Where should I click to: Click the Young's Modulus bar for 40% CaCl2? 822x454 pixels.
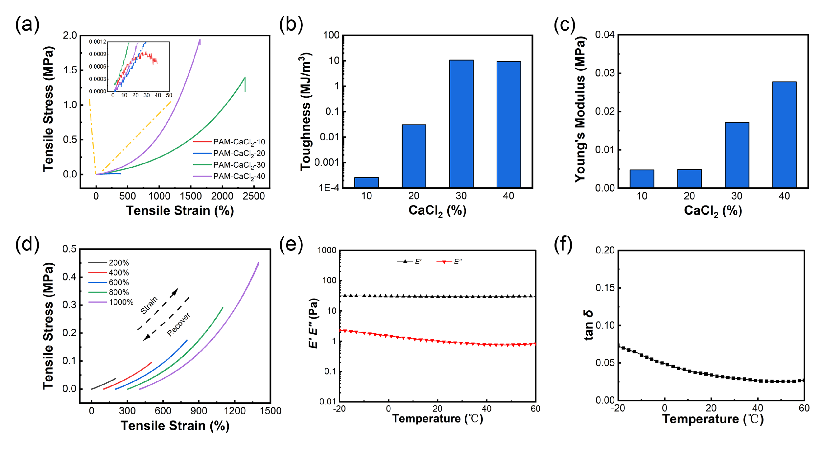pyautogui.click(x=784, y=135)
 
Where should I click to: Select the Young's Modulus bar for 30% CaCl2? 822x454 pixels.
pyautogui.click(x=736, y=155)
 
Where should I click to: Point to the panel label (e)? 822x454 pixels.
pyautogui.click(x=291, y=244)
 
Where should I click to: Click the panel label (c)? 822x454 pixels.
pyautogui.click(x=564, y=25)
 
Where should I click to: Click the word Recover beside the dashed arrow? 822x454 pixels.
pyautogui.click(x=179, y=324)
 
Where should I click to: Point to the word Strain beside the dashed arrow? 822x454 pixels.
pyautogui.click(x=149, y=305)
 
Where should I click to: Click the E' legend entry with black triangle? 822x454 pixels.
pyautogui.click(x=409, y=262)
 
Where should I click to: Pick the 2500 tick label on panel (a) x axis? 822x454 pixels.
pyautogui.click(x=254, y=196)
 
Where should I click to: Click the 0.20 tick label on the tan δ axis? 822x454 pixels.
pyautogui.click(x=605, y=250)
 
